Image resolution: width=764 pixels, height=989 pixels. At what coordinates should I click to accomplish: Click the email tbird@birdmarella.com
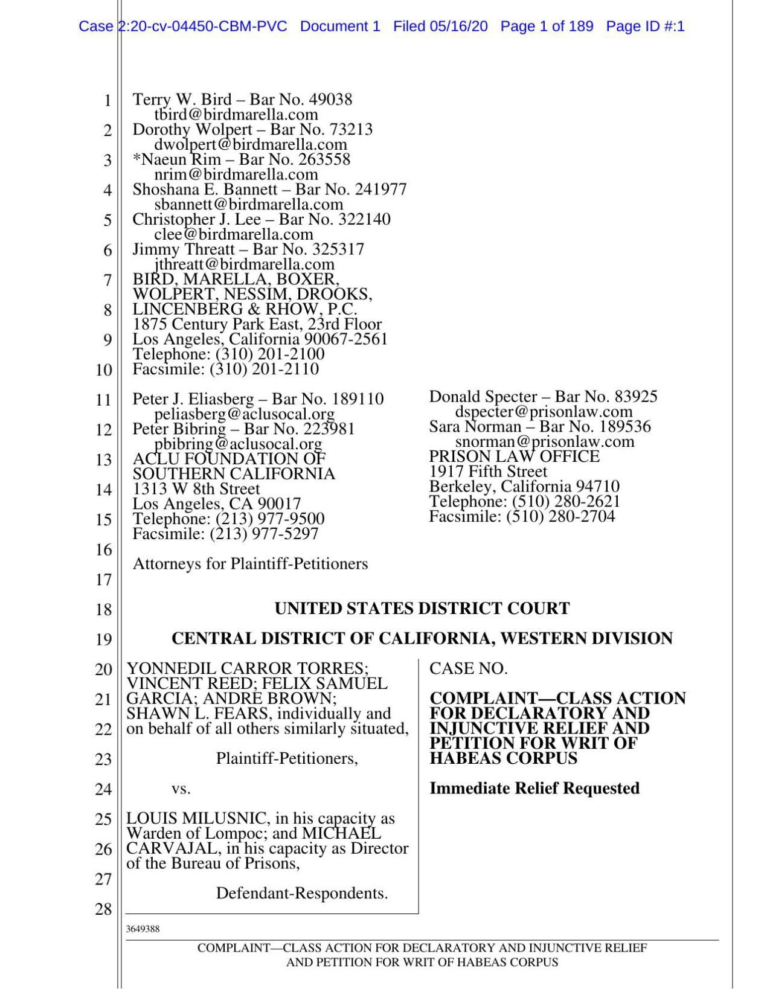tap(236, 115)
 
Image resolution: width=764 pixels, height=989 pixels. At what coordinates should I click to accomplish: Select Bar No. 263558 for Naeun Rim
tap(295, 159)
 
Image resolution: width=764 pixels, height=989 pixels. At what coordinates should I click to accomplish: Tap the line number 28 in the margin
tap(103, 909)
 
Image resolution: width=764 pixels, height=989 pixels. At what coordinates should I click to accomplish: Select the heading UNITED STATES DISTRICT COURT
tap(422, 609)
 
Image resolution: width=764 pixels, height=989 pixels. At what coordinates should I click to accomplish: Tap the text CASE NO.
tap(468, 668)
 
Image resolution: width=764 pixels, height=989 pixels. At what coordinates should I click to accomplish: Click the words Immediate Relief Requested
tap(534, 789)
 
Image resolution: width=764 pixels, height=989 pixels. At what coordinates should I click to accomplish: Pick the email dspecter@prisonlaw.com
tap(544, 412)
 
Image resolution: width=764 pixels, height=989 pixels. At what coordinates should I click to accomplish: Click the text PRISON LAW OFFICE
tap(514, 456)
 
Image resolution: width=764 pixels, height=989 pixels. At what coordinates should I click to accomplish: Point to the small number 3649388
tap(143, 929)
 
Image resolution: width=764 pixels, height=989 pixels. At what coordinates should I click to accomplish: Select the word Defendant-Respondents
tap(301, 894)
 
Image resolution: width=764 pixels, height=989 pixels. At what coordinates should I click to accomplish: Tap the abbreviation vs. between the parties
tap(181, 789)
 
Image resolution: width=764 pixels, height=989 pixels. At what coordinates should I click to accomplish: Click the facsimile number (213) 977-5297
tap(264, 534)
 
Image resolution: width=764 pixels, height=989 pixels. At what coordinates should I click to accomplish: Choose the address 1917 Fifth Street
tap(487, 472)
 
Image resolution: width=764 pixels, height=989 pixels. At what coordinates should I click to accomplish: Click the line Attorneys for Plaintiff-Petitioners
tap(250, 564)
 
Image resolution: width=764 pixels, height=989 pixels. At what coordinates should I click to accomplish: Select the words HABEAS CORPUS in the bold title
tap(503, 758)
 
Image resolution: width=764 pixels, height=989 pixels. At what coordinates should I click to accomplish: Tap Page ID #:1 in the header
tap(644, 27)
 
